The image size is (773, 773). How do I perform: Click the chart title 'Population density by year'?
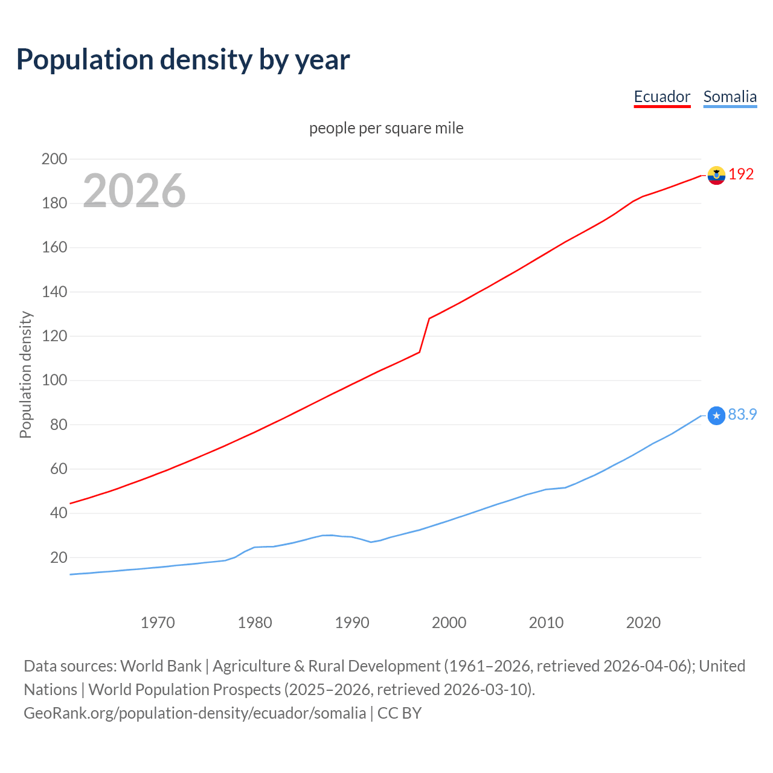coord(183,60)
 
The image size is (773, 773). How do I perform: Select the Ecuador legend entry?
coord(662,97)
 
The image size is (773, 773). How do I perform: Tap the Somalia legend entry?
coord(730,97)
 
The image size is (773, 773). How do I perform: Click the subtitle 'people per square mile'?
coord(386,128)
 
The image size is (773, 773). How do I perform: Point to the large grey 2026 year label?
coord(134,191)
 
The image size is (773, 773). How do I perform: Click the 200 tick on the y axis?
coord(54,159)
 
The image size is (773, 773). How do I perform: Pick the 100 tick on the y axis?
coord(54,380)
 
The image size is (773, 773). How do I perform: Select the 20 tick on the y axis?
coord(58,557)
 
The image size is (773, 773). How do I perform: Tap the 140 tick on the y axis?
coord(54,292)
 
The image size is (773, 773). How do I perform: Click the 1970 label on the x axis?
coord(158,623)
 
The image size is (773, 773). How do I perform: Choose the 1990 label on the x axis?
coord(352,623)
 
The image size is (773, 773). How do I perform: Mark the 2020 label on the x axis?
coord(643,623)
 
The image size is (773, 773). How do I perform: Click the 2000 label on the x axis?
coord(449,623)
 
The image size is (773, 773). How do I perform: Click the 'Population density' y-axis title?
coord(25,374)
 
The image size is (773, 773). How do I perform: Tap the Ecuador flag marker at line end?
coord(716,175)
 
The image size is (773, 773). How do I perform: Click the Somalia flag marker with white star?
coord(716,415)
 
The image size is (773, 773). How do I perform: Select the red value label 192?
coord(741,174)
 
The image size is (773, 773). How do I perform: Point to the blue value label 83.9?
coord(742,414)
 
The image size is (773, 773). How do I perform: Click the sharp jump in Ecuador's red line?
coord(425,335)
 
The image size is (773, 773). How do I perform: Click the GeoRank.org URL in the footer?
coord(194,713)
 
